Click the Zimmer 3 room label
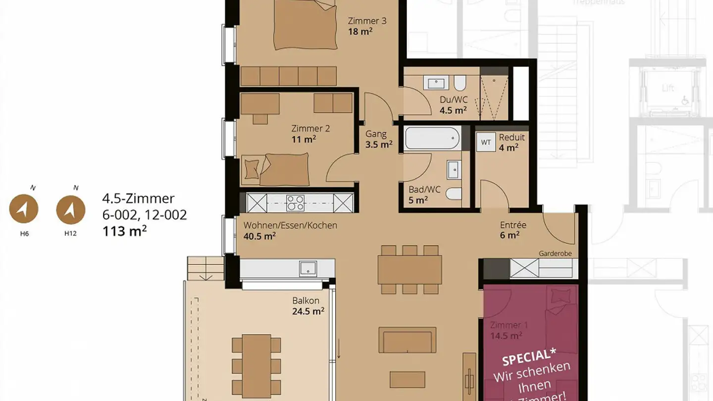pos(367,21)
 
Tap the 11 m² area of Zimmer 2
pos(304,140)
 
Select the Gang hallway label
pos(376,134)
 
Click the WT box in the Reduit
pos(486,143)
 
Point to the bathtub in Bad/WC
pos(432,138)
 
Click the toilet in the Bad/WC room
pos(454,194)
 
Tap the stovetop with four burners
pos(296,203)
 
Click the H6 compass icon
pos(24,209)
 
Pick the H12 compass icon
pos(71,209)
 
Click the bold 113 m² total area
pos(124,231)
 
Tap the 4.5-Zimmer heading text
pos(138,199)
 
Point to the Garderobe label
pos(555,253)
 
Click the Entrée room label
pos(512,225)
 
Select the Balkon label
pos(306,301)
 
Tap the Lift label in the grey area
pos(668,88)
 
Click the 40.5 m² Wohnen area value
pos(259,237)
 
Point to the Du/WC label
pos(453,100)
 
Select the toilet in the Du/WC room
pos(459,82)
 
